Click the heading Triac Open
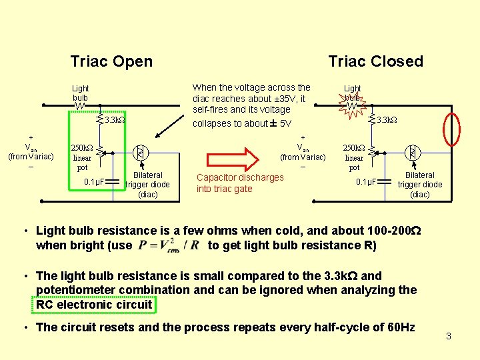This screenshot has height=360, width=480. click(111, 62)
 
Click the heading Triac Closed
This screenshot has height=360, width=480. click(375, 61)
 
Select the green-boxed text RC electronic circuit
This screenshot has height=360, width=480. click(95, 305)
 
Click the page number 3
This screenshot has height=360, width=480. click(448, 336)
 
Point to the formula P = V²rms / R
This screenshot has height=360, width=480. click(169, 245)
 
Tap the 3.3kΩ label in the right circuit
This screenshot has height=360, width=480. click(387, 121)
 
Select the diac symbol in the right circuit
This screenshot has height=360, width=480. click(413, 153)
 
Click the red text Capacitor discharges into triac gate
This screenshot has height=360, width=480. click(240, 183)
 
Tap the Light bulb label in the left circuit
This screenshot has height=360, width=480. click(81, 93)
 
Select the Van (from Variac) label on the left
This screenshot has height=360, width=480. click(31, 152)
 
